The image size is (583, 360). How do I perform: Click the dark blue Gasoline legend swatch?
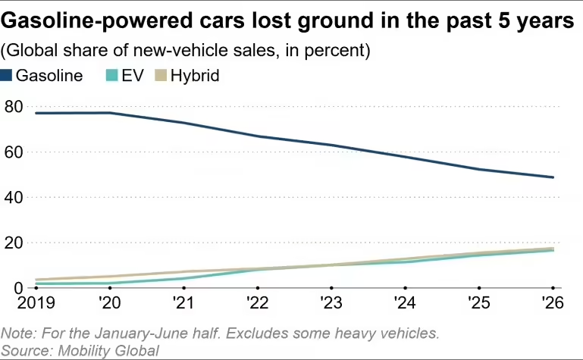[6, 76]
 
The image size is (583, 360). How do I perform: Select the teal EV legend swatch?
[112, 76]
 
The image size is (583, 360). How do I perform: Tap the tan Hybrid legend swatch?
[161, 76]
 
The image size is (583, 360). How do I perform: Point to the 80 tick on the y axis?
[14, 107]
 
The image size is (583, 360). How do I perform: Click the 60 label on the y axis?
[14, 152]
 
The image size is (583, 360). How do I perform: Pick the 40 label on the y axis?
[14, 198]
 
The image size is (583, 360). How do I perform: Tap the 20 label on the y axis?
[14, 243]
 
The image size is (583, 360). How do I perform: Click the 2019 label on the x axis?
[36, 303]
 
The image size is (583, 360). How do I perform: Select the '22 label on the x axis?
[257, 303]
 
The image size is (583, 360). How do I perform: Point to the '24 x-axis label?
[405, 303]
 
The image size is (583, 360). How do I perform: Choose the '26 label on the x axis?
[553, 303]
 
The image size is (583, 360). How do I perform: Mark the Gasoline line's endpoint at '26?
[553, 177]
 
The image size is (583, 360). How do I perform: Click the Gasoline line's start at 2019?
[36, 113]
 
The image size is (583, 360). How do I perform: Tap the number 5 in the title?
[504, 20]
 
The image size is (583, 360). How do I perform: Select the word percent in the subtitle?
[336, 51]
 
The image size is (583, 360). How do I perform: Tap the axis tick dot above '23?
[331, 288]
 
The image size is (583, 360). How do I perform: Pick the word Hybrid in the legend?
[195, 76]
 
